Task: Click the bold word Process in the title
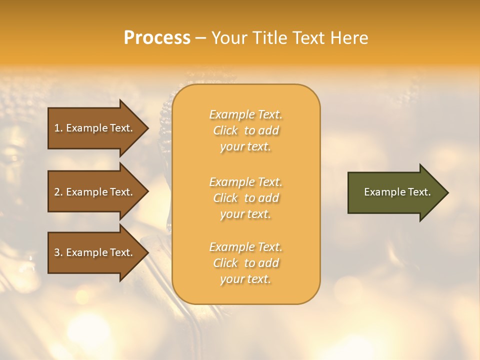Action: click(157, 38)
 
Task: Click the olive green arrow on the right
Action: click(395, 192)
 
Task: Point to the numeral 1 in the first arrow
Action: click(57, 128)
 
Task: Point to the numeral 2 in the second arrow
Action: click(57, 192)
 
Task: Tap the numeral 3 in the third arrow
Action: click(57, 252)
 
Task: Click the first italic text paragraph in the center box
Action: click(246, 130)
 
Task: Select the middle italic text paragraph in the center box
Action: click(246, 198)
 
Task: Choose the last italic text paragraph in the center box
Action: click(246, 263)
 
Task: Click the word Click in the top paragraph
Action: click(225, 130)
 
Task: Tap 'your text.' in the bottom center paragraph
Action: click(246, 279)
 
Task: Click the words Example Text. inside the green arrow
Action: click(397, 192)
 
